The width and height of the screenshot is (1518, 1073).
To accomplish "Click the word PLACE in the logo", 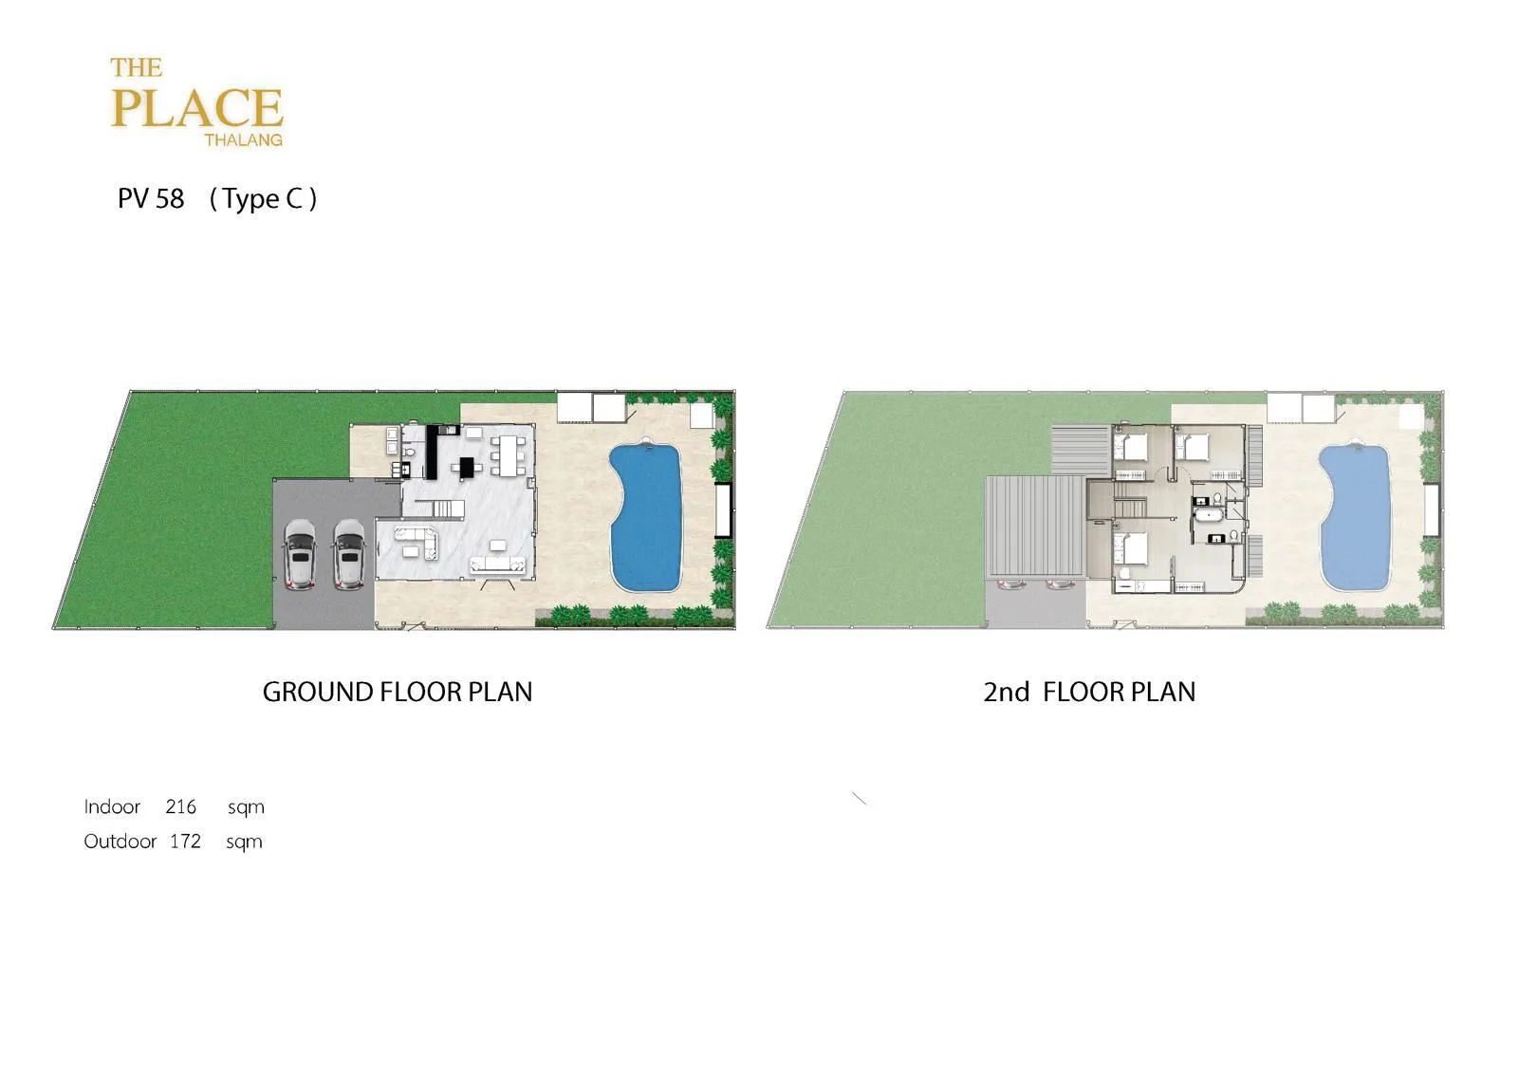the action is (196, 108).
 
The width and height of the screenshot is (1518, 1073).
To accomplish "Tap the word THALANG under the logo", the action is (243, 139).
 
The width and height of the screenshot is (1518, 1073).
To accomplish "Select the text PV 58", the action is (151, 198).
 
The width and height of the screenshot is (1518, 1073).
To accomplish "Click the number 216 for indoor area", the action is (181, 806).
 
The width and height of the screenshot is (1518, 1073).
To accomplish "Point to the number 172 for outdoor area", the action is (185, 841).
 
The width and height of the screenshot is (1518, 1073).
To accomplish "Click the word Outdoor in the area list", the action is (120, 841).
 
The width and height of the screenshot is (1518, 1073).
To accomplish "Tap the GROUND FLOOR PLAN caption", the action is (398, 692).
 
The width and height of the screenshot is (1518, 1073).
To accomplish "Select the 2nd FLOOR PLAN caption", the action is (1089, 692).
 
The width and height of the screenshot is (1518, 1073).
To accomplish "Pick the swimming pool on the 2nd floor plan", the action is (1355, 515).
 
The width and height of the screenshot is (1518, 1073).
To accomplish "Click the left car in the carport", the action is (300, 554).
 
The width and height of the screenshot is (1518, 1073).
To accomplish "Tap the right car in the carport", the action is (349, 554).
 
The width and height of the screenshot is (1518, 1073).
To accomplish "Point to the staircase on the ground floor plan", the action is (439, 509).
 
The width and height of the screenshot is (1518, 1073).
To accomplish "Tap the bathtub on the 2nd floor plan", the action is (1206, 516).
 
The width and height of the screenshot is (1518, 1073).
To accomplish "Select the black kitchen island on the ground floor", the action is (467, 467).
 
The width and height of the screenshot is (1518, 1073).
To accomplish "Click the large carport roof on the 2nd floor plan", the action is (1035, 527).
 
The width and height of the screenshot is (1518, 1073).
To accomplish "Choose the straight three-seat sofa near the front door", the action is (498, 564).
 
